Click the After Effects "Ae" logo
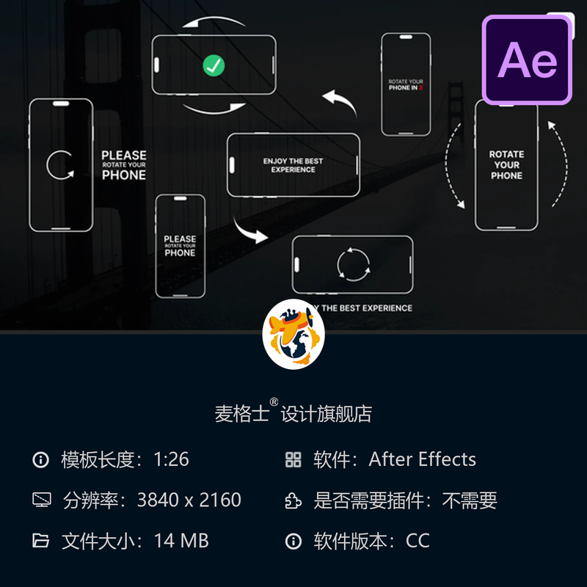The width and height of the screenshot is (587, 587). (x=527, y=59)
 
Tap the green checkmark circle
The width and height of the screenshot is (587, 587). (x=214, y=66)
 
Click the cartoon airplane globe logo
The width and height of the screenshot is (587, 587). (x=293, y=335)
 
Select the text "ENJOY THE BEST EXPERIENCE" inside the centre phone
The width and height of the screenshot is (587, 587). (x=293, y=165)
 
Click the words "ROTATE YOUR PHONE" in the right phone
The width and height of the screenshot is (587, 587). (x=506, y=165)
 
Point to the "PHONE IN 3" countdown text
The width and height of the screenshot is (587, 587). (x=405, y=87)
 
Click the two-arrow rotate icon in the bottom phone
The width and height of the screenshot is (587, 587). (x=353, y=264)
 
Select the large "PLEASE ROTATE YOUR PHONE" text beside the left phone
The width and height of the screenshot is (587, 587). (x=124, y=165)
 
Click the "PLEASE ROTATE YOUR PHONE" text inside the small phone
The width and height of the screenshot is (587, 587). (x=180, y=246)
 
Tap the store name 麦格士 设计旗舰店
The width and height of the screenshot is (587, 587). (x=293, y=413)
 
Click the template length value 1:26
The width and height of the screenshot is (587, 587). (x=171, y=460)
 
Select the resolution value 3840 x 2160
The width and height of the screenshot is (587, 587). (x=189, y=500)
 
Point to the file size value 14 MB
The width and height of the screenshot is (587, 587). (x=181, y=541)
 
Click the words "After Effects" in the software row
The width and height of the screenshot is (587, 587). (x=422, y=460)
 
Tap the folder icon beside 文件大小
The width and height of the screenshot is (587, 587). (x=41, y=542)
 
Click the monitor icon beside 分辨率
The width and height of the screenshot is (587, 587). (x=41, y=500)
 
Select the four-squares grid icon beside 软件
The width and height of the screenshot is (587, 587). (x=293, y=460)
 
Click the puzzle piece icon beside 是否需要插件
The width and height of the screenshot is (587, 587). (x=293, y=500)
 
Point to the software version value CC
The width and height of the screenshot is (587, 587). (x=418, y=541)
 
